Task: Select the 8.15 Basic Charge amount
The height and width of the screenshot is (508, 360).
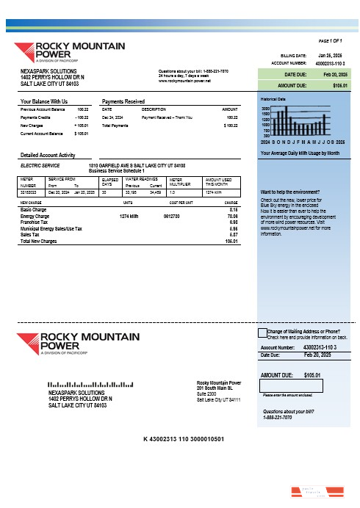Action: click(234, 209)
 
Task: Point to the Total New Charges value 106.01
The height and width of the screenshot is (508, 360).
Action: click(231, 241)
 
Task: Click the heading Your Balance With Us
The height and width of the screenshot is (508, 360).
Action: click(44, 101)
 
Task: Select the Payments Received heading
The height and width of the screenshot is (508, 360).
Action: click(123, 101)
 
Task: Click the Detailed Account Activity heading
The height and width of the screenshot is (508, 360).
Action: click(48, 156)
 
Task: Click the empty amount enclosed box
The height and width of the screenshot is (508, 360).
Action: click(281, 385)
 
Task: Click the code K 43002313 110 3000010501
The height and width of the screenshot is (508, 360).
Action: click(183, 439)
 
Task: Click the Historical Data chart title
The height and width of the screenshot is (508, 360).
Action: click(272, 98)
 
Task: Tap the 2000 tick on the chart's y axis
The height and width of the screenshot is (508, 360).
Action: click(265, 108)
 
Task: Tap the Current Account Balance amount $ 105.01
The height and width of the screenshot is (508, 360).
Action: click(82, 134)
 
